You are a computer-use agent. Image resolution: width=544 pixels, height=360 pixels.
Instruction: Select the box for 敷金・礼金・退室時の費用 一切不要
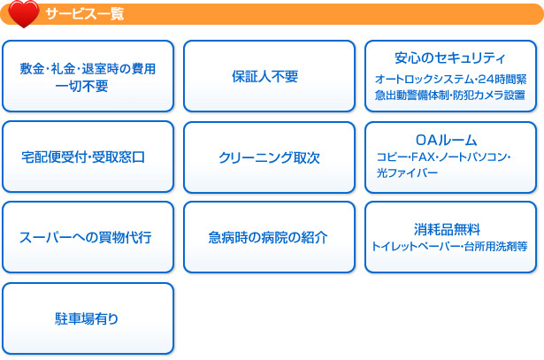tap(88, 76)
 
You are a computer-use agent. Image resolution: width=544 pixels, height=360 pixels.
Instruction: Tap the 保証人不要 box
tap(269, 76)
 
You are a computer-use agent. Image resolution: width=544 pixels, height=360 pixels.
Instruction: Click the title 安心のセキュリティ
tap(450, 59)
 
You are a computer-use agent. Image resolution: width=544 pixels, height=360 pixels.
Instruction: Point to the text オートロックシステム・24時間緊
tap(450, 79)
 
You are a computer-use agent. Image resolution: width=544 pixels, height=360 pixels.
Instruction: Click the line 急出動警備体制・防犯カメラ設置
tap(450, 95)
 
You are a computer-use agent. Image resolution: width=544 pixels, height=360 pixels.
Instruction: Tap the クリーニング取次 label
tap(269, 157)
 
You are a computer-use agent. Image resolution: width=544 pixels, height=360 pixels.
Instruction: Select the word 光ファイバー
tap(407, 173)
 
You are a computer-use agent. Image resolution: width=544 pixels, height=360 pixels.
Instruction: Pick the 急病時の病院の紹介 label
tap(269, 238)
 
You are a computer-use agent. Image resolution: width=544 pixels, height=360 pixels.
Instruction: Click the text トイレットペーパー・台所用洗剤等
tap(450, 247)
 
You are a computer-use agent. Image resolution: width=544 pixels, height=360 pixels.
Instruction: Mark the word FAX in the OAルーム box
tap(421, 157)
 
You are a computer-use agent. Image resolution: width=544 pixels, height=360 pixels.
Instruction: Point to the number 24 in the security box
tap(469, 79)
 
